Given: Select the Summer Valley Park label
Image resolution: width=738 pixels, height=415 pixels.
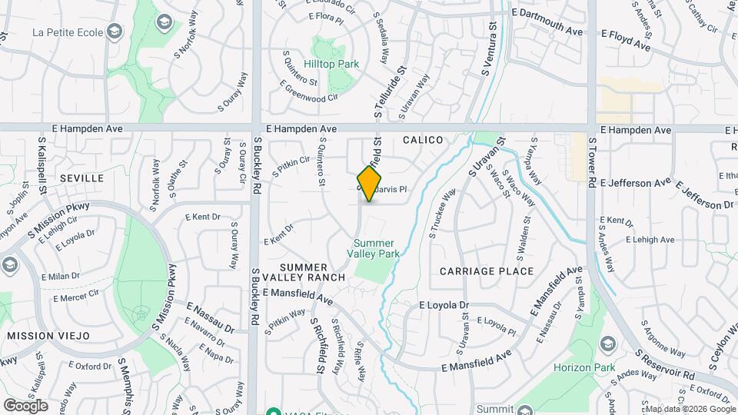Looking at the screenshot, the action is coord(373,248).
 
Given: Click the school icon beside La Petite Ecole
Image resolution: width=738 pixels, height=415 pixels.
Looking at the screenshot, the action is coord(115,32).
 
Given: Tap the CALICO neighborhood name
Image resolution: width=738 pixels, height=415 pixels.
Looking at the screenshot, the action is coord(423,140).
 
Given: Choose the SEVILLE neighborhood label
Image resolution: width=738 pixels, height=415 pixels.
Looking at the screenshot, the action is coord(81,178).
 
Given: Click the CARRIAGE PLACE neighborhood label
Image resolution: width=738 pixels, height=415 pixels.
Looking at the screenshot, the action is coord(487,271).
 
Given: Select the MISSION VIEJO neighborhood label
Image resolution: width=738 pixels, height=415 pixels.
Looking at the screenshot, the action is coord(48,336).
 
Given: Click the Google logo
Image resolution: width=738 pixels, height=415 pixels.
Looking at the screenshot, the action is coord(25,405).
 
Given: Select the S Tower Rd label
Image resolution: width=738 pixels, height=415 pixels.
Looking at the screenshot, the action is coord(592,162).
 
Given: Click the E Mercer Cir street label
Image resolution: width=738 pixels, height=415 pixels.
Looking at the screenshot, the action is coord(78,294).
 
